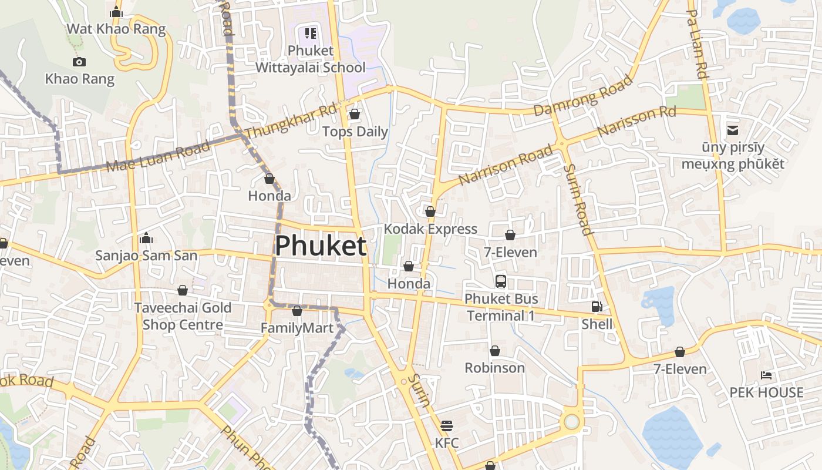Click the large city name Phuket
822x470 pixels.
coord(321,246)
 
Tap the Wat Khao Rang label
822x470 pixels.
coord(116,29)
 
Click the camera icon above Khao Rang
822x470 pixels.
coord(79,62)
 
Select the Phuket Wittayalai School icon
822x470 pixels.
coord(311,33)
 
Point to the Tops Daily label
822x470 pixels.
coord(355,132)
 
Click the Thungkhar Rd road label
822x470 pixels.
coord(291,123)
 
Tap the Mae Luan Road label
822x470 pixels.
coord(159,156)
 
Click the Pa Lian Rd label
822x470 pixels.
coord(696,45)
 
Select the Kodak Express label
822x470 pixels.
coord(430,229)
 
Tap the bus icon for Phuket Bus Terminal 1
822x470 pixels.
coord(501,281)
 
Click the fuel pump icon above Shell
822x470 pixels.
coord(597,307)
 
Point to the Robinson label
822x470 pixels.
coord(495,368)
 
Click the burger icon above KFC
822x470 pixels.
coord(447,425)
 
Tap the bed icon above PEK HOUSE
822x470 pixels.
coord(766,375)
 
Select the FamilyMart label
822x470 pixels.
coord(297,328)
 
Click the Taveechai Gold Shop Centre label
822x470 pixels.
coord(183,316)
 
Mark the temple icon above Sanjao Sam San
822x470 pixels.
coord(146,238)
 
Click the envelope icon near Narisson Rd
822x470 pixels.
coord(733,130)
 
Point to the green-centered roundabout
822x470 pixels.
coord(571,421)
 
